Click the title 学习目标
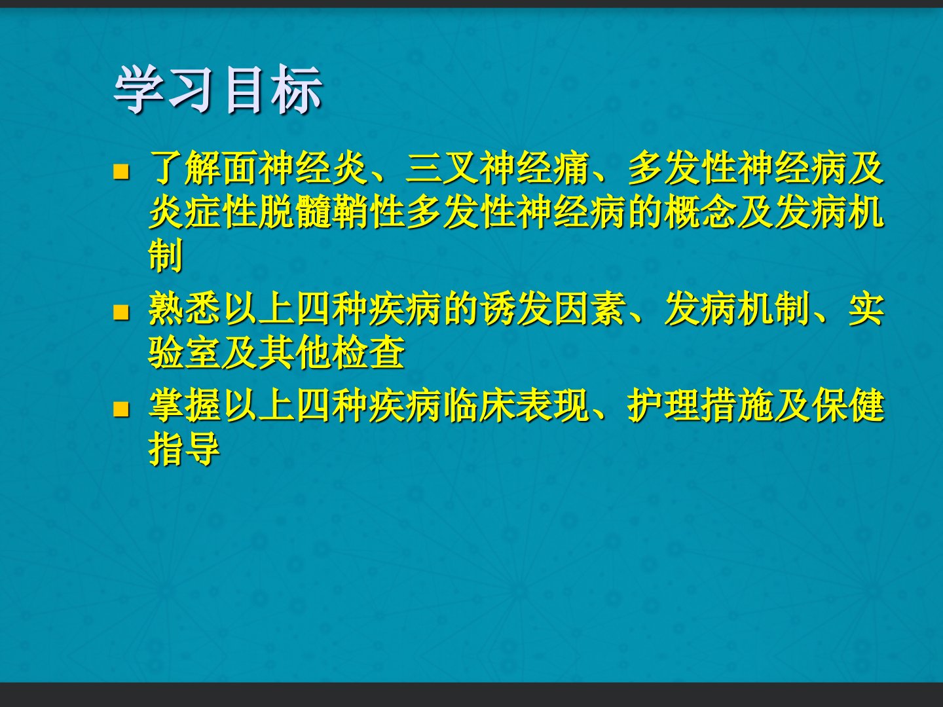(217, 90)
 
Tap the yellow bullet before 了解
(121, 171)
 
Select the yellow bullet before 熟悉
(121, 312)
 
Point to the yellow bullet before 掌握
(121, 409)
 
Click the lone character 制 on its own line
(166, 255)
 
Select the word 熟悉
(185, 308)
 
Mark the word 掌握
(185, 406)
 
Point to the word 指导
(184, 449)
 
